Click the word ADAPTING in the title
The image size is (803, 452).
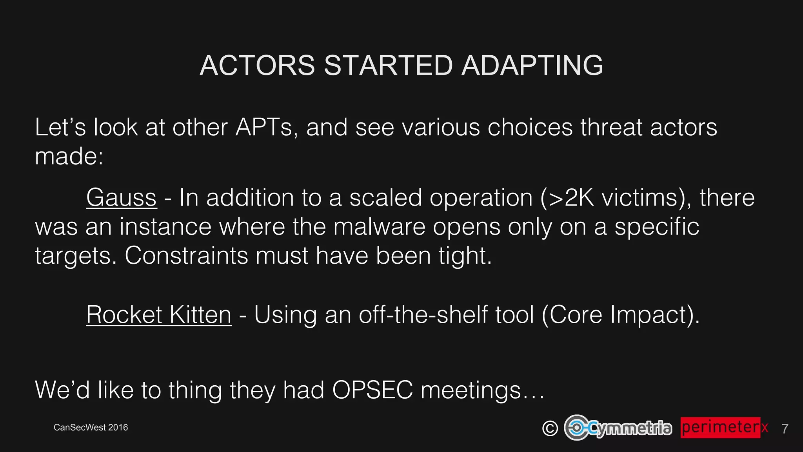532,66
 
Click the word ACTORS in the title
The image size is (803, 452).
257,66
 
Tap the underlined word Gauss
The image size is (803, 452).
122,197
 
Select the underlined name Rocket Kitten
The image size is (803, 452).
159,315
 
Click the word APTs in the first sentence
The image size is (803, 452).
264,128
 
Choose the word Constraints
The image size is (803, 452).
186,256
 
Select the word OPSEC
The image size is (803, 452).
372,390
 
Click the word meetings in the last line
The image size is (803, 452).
471,390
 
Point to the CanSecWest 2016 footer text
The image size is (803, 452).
91,428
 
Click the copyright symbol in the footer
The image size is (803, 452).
550,428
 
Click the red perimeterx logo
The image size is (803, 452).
724,427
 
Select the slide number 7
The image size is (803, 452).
785,428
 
